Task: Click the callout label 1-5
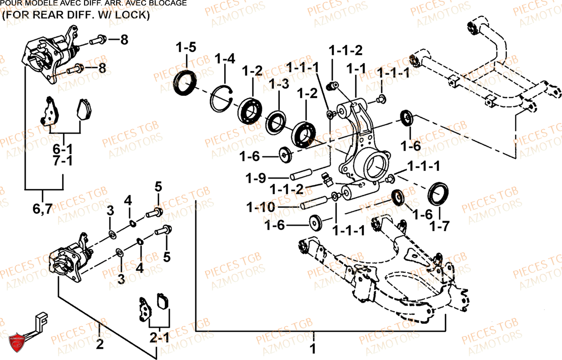[x=186, y=48]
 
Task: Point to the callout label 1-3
[x=279, y=84]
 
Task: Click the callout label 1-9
[x=255, y=178]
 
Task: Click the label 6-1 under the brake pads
[x=63, y=148]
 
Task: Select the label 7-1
[x=63, y=162]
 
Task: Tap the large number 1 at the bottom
[x=313, y=349]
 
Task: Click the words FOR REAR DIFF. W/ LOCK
[x=76, y=14]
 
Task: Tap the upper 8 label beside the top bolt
[x=124, y=40]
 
